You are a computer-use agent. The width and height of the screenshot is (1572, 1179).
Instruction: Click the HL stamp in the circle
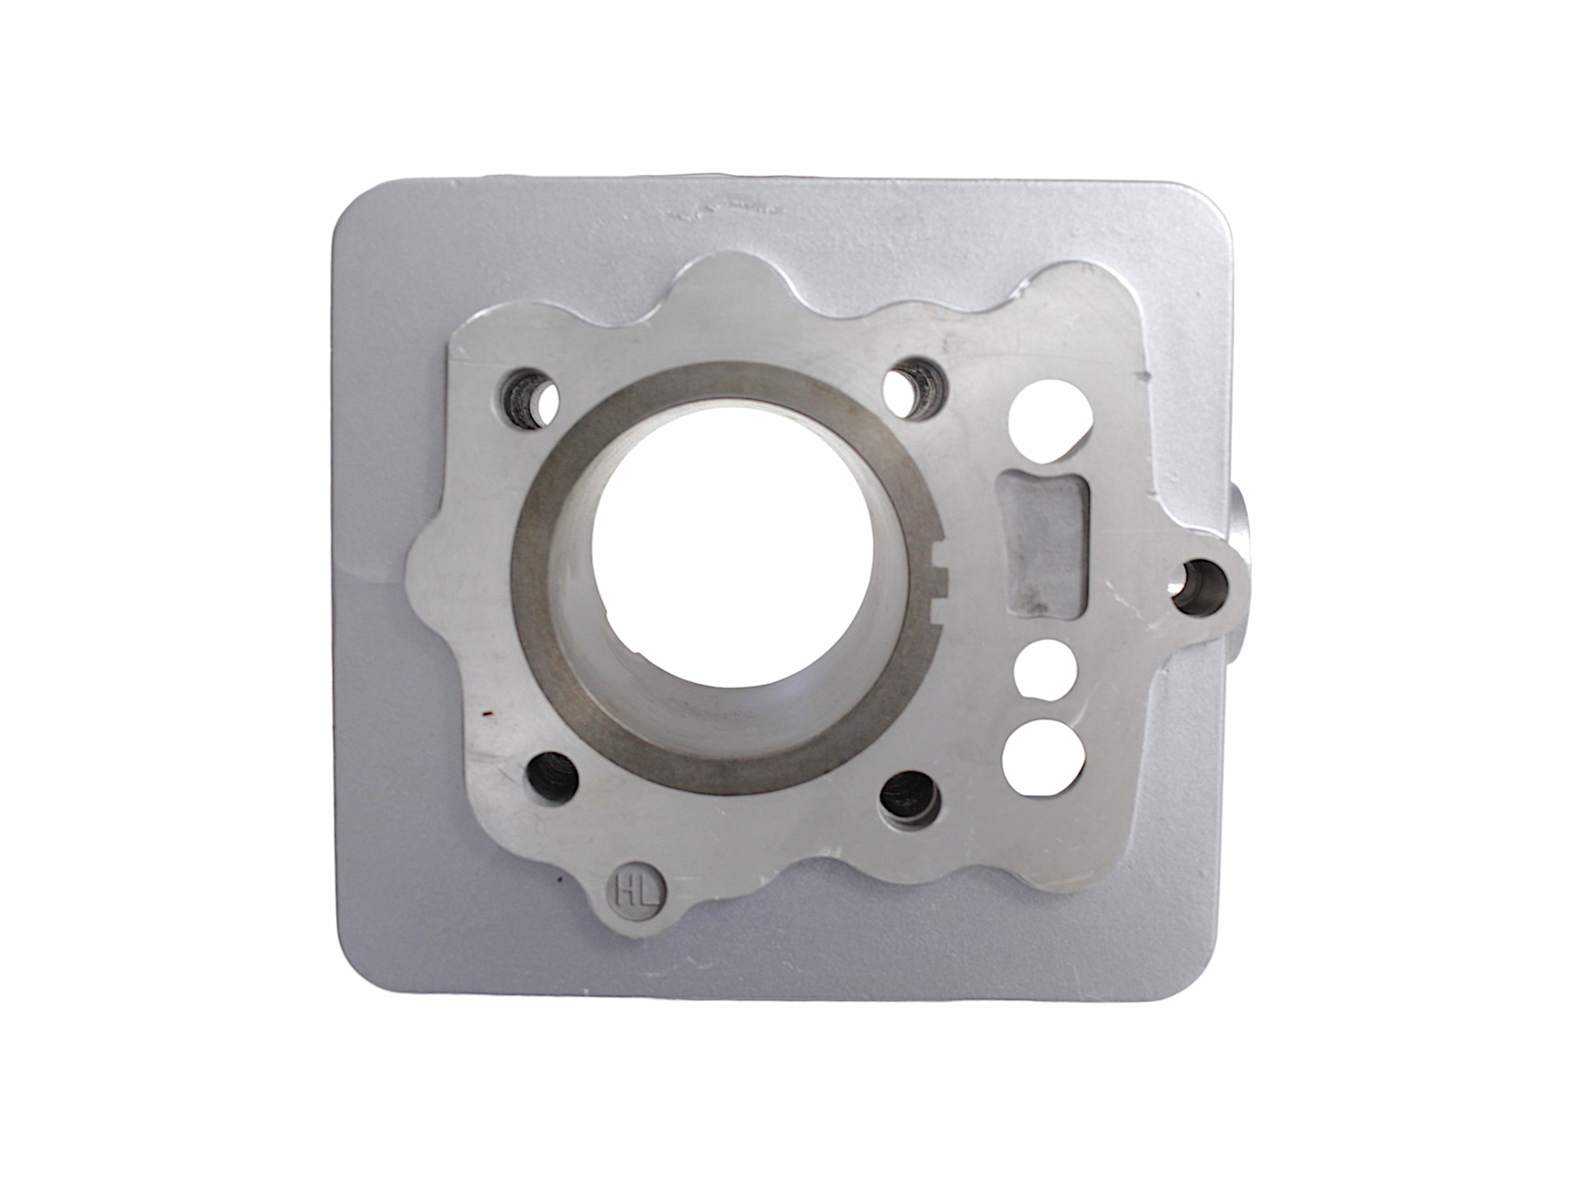[638, 890]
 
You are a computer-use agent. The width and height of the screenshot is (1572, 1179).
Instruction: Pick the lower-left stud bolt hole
[551, 778]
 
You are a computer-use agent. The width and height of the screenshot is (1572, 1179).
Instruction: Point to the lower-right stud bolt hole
[908, 797]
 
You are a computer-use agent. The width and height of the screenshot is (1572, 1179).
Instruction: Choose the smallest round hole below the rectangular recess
[1045, 669]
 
